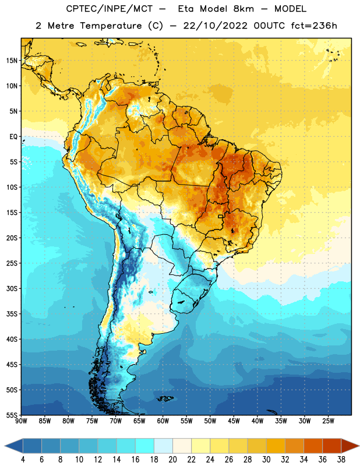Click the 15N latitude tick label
[x=12, y=61]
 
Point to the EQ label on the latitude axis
[x=13, y=137]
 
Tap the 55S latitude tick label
[x=12, y=415]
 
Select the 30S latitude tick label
[x=12, y=288]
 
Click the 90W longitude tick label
[x=21, y=421]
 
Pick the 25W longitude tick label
[x=328, y=421]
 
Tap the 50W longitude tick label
[x=210, y=421]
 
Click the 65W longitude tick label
[x=139, y=421]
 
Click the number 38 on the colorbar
[x=341, y=460]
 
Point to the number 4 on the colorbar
[x=23, y=460]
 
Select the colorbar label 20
[x=172, y=460]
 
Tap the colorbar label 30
[x=266, y=460]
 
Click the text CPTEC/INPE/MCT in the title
[x=109, y=9]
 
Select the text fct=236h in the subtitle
[x=314, y=26]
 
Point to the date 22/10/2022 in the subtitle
[x=215, y=26]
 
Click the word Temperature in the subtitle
[x=111, y=26]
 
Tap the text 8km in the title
[x=243, y=9]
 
